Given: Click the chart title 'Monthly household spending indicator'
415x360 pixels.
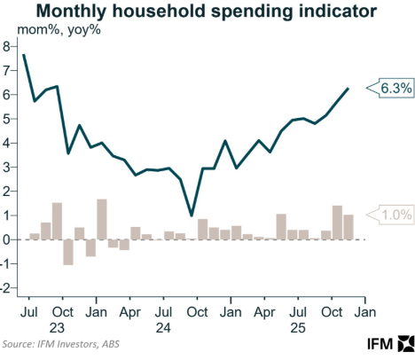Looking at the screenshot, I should tap(206, 12).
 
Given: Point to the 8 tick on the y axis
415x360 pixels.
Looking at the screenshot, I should tap(7, 46).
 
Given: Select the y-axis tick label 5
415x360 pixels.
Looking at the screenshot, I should tap(7, 119).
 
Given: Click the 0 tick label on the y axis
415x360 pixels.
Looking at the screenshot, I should tap(7, 239).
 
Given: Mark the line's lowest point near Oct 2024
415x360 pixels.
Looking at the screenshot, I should tap(192, 215).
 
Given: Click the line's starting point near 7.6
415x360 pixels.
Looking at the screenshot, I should tap(23, 55).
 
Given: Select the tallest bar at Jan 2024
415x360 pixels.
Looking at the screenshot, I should tap(102, 219).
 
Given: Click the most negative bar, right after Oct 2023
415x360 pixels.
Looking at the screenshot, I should tap(68, 252).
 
